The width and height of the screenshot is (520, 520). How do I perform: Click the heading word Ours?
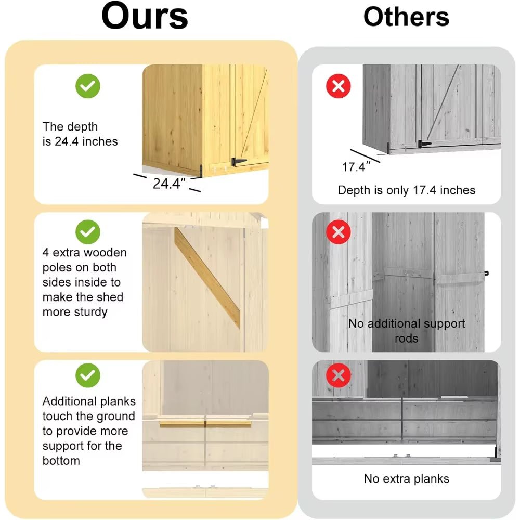coord(145,16)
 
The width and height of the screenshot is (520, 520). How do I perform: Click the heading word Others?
coord(406,17)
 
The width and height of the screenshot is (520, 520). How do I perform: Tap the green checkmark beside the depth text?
coord(88,86)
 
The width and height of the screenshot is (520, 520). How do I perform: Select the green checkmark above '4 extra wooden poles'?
coord(88,232)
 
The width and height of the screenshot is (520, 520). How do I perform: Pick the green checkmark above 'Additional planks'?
coord(88,375)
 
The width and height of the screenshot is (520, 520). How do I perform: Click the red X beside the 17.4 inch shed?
coord(339,86)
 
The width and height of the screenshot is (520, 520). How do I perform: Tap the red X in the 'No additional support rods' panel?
coord(339,232)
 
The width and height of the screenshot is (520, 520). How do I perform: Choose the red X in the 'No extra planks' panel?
coord(339,375)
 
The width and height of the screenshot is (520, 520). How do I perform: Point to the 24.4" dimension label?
coord(169,184)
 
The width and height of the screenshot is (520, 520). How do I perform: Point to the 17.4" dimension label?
coord(356,167)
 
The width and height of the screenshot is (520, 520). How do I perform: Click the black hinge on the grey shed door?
coord(424,144)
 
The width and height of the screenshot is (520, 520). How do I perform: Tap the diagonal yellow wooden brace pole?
coord(207,278)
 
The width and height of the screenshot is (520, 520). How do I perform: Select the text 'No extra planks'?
coord(406,478)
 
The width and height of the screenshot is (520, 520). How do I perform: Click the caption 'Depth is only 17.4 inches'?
coord(406,190)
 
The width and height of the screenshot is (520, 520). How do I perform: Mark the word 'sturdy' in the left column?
coord(90,312)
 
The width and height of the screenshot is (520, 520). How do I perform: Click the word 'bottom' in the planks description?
coord(61,461)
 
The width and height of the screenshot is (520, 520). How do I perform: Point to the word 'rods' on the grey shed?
coord(406,339)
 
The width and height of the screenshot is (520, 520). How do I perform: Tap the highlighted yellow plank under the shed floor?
coord(205,424)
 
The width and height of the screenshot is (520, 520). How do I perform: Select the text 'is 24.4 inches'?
coord(80,141)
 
